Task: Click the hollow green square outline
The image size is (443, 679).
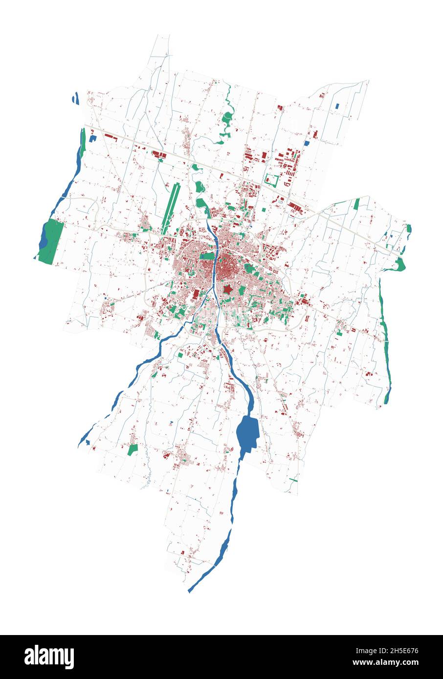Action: [271, 180]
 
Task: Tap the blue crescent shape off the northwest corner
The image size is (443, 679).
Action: [76, 99]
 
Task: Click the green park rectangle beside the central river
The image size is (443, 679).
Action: [207, 256]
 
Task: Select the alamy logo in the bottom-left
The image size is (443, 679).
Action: [49, 657]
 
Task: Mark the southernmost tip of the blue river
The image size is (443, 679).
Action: [190, 592]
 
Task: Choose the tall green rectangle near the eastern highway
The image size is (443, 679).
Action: [356, 204]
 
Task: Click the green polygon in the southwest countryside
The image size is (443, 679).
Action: [132, 449]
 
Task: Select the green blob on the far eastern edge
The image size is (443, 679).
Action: [400, 264]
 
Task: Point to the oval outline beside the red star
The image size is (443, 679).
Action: [239, 283]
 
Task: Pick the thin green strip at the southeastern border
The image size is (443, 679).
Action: [293, 480]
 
